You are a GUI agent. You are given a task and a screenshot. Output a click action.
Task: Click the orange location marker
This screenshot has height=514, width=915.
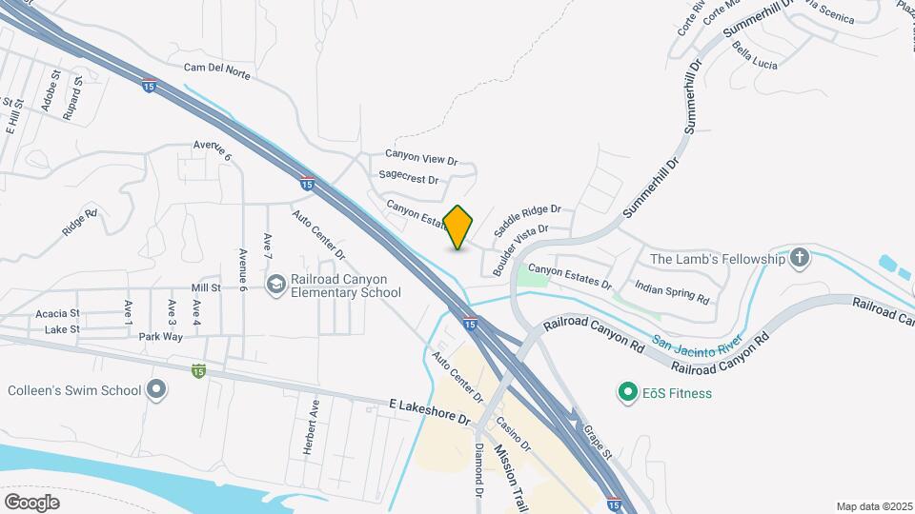coord(458,227)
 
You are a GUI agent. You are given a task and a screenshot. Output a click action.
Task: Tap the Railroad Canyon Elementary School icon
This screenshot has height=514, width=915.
coord(276,284)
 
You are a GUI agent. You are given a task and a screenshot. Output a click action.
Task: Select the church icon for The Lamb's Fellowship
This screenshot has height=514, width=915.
coord(799,258)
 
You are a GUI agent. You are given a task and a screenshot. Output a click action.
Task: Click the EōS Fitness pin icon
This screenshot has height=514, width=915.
coord(627,391)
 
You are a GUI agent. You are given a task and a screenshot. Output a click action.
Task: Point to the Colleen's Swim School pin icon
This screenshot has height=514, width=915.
coord(157,389)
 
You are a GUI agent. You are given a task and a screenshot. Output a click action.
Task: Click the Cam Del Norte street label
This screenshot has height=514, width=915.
coord(216,69)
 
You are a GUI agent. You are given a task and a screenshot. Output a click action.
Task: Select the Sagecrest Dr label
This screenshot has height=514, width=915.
coord(408,178)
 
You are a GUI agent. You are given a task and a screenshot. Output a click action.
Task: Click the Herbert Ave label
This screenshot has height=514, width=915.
coord(312,425)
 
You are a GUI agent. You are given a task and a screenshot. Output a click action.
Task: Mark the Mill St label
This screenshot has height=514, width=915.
coord(206,287)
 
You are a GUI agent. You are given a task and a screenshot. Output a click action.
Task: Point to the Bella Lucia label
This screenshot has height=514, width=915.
coord(755,56)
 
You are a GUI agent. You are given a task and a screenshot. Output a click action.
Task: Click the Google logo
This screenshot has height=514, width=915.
coord(31,502)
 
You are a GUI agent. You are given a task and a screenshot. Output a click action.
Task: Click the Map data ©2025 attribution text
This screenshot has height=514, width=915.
coord(873,506)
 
